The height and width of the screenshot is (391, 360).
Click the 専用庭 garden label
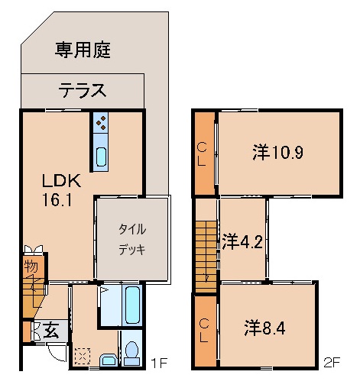tap(83, 50)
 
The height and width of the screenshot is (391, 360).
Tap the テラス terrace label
tap(82, 91)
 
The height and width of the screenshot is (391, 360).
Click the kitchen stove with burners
tap(102, 122)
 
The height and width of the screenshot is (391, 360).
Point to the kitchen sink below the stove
tap(102, 157)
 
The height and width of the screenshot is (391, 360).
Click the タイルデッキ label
tap(131, 239)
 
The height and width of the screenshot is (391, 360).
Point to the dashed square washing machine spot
tap(82, 356)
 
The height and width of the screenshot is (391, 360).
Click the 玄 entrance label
tap(50, 330)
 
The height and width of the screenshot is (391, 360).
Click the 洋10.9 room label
tap(278, 152)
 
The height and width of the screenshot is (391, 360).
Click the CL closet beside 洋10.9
tap(203, 153)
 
